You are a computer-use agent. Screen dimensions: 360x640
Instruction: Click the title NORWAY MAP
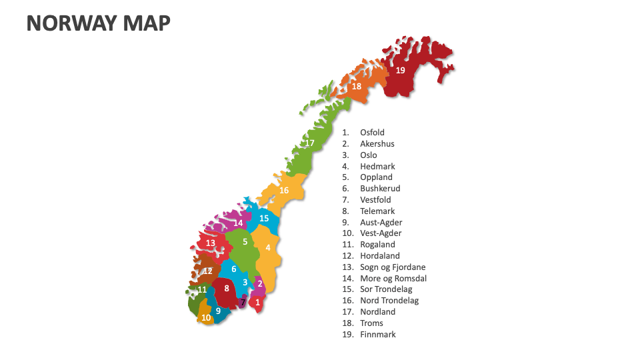98,23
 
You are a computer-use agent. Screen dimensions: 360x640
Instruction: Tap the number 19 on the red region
400,70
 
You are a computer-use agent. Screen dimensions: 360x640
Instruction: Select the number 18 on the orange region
357,87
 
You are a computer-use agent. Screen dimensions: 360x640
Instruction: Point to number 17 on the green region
309,143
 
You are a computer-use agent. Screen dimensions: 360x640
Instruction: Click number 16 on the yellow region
284,191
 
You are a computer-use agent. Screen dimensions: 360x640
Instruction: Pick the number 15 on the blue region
264,219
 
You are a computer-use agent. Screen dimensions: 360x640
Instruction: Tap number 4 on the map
268,247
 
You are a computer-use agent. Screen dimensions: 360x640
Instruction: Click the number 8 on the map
227,289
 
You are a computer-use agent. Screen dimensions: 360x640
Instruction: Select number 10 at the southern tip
206,318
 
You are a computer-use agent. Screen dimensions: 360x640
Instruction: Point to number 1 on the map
258,303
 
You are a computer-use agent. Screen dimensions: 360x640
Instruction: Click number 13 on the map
211,243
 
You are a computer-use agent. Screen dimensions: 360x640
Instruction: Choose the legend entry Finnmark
377,335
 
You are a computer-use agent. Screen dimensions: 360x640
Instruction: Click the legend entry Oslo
368,155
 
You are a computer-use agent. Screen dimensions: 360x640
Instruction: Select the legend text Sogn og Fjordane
393,267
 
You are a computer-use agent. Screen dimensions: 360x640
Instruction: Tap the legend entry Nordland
377,312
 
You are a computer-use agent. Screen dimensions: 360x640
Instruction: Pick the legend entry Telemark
377,211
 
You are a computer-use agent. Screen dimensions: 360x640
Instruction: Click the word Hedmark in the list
377,167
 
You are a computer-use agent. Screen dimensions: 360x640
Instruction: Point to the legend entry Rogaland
377,245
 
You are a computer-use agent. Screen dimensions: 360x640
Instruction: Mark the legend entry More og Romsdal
393,279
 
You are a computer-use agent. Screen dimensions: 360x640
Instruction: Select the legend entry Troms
371,323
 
